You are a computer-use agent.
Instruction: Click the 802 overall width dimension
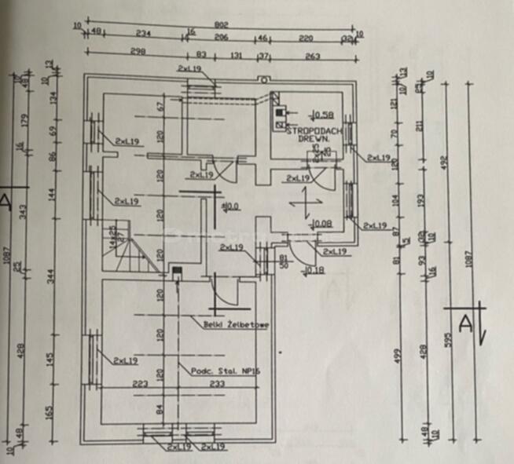click(222, 26)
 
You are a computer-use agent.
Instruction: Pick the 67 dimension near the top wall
click(160, 106)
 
